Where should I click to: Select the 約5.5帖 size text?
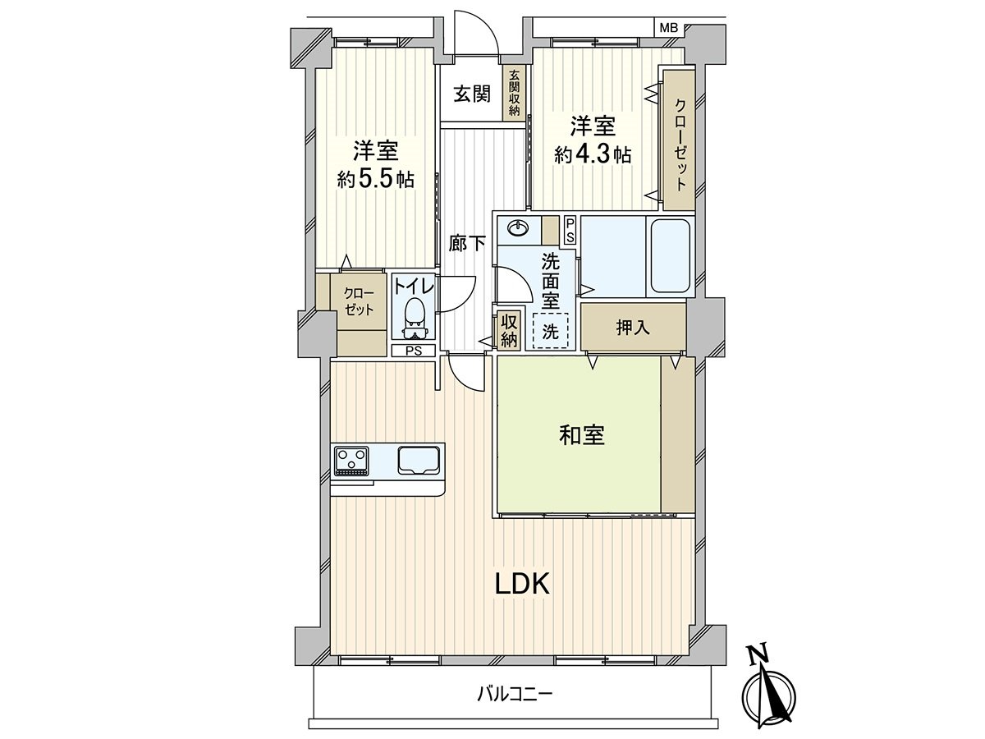pos(375,178)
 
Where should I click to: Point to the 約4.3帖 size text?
pos(593,154)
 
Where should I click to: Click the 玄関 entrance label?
pos(472,94)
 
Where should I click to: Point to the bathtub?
pos(670,258)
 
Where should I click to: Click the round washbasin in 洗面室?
pos(518,228)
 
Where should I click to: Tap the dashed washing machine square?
pos(550,332)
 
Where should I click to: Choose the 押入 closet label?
pos(633,327)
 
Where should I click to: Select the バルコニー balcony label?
pos(515,694)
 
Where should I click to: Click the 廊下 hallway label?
pos(467,243)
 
